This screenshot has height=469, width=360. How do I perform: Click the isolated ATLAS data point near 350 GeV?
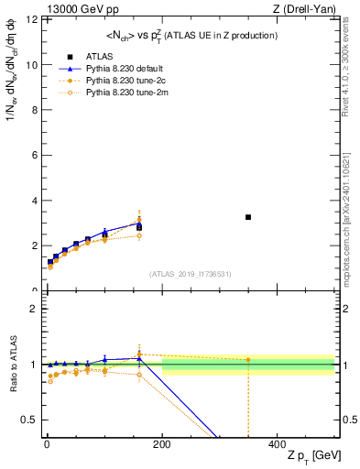[x=248, y=217]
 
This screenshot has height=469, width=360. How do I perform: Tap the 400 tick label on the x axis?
[x=277, y=443]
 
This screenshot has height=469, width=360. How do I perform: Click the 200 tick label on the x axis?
[x=162, y=443]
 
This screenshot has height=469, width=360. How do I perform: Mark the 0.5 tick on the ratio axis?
[x=27, y=420]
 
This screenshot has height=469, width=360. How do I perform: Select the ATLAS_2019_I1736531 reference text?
[x=190, y=274]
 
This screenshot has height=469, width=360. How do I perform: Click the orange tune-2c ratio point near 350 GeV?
[x=248, y=359]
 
